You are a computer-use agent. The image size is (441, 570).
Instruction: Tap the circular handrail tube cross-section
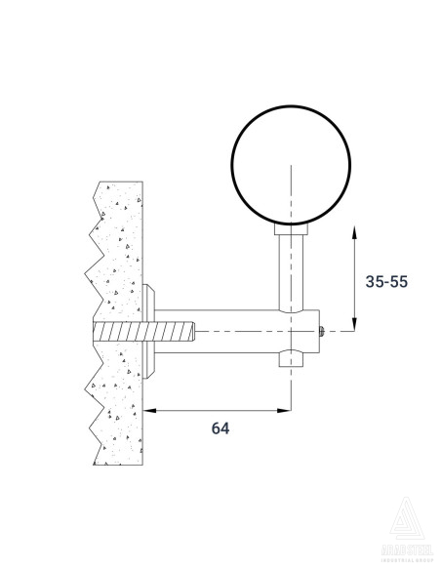click(x=290, y=165)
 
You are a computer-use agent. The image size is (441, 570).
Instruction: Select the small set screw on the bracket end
click(x=321, y=332)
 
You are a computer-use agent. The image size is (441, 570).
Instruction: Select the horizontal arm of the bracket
click(x=234, y=333)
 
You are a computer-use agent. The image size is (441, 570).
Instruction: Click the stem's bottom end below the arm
click(x=290, y=361)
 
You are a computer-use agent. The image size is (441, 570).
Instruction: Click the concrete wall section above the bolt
click(x=117, y=244)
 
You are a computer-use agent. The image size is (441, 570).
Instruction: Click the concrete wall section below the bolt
click(x=117, y=410)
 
